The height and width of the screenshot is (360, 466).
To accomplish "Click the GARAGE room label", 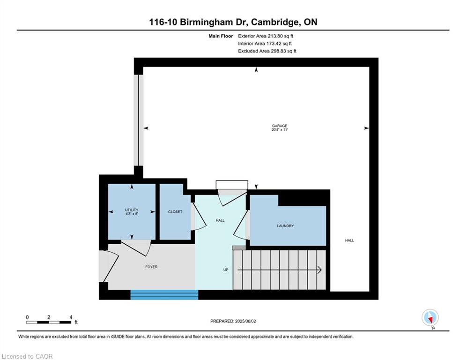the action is coord(279,126).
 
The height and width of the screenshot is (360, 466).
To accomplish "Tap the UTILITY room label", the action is coord(132,210).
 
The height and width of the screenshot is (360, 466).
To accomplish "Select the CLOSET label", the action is coord(175,212).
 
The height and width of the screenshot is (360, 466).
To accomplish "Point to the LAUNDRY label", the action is coord(285,226).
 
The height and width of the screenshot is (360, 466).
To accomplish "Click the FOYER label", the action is coord(151,267).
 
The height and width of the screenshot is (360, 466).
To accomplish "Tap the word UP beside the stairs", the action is coord(226,270).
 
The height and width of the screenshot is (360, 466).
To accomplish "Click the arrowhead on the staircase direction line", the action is coord(320,270).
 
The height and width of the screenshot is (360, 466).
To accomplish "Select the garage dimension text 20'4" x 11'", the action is coord(279,130).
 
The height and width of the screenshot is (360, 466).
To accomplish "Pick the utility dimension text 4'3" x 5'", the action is coord(132,214).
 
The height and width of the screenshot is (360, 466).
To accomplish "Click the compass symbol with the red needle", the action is coord(430,318).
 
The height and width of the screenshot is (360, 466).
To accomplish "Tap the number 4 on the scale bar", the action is coord(71,317).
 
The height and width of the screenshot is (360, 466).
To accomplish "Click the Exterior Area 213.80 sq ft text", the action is coord(266,36).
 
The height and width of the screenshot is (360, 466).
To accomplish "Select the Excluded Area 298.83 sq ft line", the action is coord(267,51).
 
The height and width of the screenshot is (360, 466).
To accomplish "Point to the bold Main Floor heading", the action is coord(221,36).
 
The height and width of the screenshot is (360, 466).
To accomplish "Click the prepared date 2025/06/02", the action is coord(245,321).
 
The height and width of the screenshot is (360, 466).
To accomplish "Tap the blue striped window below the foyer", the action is coord(164,295).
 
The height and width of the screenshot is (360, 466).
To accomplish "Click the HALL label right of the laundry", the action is coord(349,240).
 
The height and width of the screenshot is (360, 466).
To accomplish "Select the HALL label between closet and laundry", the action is coord(220,220).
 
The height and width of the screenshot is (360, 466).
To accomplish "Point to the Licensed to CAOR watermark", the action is coord(27,356).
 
